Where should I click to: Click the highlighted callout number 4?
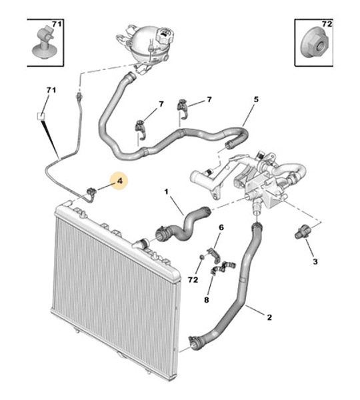119,181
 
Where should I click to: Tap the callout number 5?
256,99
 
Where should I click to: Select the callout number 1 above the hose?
167,191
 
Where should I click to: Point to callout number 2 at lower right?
269,317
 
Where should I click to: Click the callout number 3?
315,261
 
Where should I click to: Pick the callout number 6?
221,227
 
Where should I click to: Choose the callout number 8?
207,300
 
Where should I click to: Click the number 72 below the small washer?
193,280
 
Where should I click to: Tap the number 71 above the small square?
51,90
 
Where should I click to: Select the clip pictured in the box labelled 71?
44,42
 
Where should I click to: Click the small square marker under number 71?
41,116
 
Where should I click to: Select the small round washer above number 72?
201,257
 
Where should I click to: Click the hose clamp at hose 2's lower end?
193,342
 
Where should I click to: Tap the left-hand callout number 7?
161,105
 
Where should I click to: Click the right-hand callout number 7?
209,99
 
